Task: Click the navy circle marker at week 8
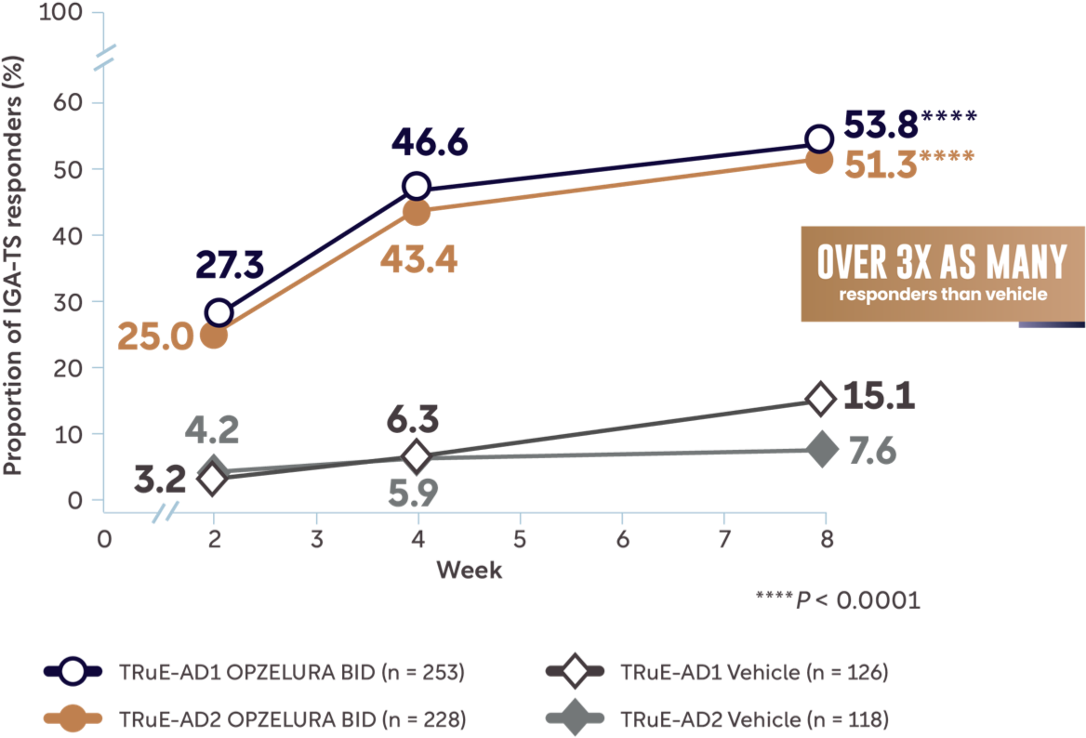coord(818,139)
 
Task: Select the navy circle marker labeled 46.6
coord(417,186)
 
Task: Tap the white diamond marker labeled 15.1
coord(819,398)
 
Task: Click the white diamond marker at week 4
coord(417,456)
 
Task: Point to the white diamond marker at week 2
coord(213,479)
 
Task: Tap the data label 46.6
coord(430,141)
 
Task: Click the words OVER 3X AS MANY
coord(942,264)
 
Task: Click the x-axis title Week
coord(470,569)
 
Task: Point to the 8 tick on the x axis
coord(827,539)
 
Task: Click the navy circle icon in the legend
coord(73,671)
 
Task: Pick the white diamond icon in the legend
coord(575,671)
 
